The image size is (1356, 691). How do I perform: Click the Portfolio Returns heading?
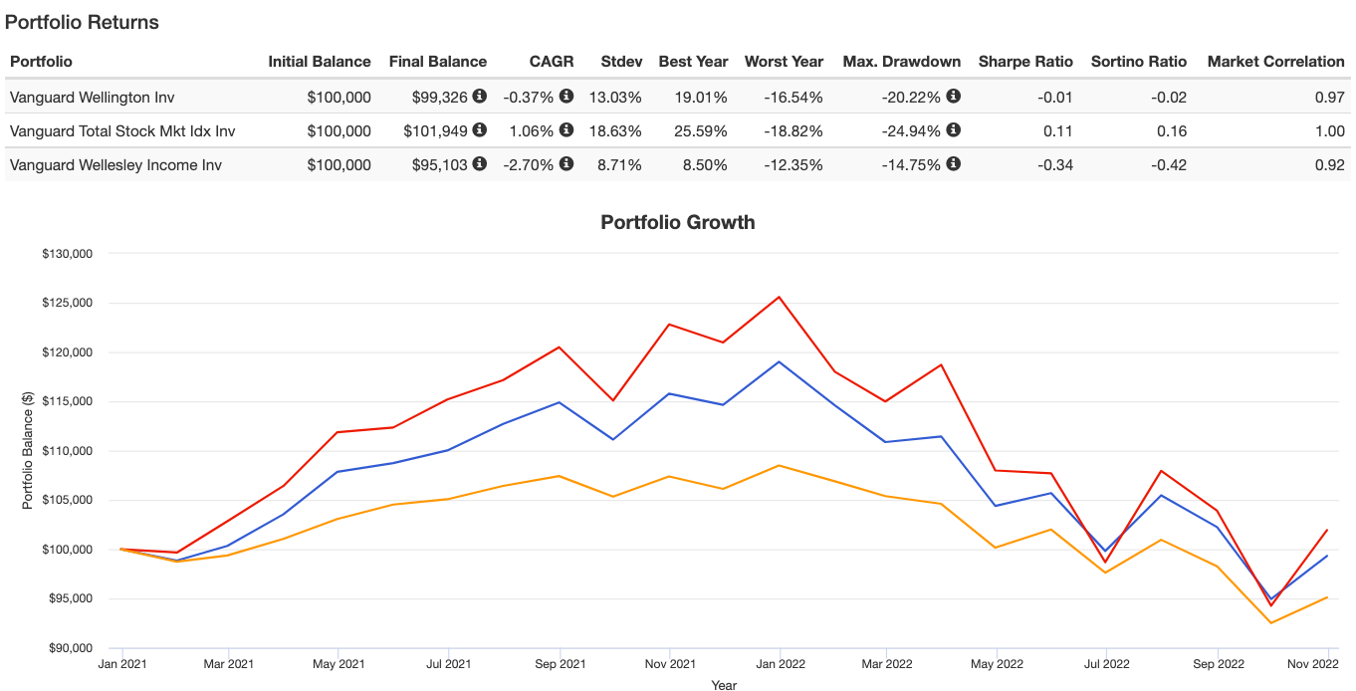[x=82, y=22]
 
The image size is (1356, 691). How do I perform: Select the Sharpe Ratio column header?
[x=1025, y=62]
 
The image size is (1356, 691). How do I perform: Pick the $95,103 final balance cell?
[x=440, y=164]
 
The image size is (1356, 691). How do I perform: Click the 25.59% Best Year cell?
[x=693, y=130]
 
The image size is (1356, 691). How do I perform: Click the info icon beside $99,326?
[x=480, y=97]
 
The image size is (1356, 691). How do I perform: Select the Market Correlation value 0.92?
[x=1329, y=164]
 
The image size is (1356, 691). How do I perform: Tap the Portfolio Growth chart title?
[x=678, y=222]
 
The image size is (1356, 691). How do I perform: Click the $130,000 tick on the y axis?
[x=67, y=254]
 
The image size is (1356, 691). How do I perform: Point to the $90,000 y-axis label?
[x=67, y=648]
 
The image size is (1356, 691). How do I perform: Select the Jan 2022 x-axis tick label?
[x=780, y=663]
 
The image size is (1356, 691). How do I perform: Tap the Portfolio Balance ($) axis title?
[x=28, y=451]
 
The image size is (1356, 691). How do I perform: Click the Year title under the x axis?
[x=724, y=685]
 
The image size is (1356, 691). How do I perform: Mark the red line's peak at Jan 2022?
[x=780, y=297]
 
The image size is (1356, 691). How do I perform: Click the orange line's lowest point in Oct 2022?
[x=1271, y=623]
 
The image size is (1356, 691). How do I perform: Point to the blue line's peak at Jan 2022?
[x=780, y=361]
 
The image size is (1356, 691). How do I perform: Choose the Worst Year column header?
[x=784, y=62]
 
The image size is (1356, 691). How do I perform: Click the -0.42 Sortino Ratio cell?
[x=1166, y=164]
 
